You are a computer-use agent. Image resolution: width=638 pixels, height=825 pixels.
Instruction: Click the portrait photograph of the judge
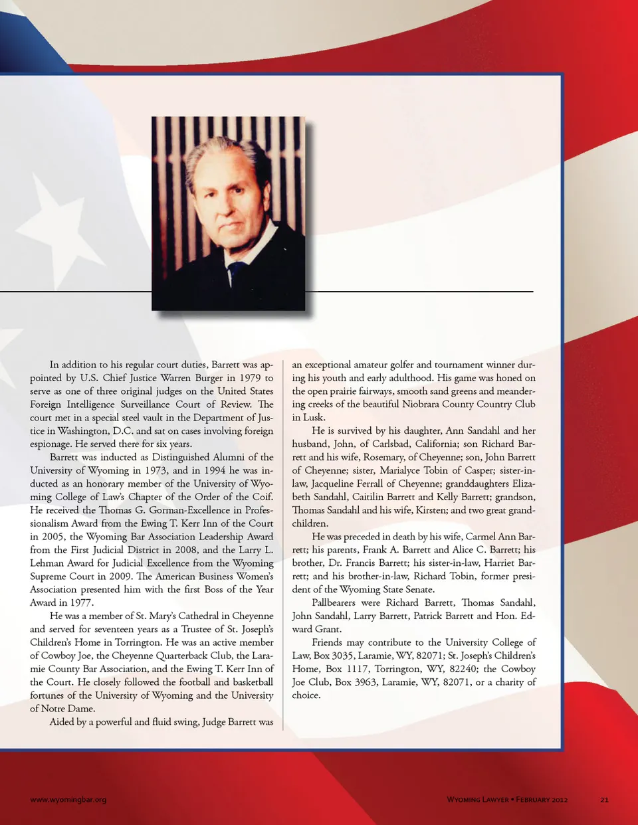pos(228,213)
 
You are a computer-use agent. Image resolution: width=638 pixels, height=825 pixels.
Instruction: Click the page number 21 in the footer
pos(604,800)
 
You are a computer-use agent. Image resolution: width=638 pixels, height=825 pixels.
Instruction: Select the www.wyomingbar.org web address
pos(68,800)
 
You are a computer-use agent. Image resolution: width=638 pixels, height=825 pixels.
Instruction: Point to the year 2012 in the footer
pos(557,800)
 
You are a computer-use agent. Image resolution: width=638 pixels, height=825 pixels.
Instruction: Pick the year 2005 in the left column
pos(52,537)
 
